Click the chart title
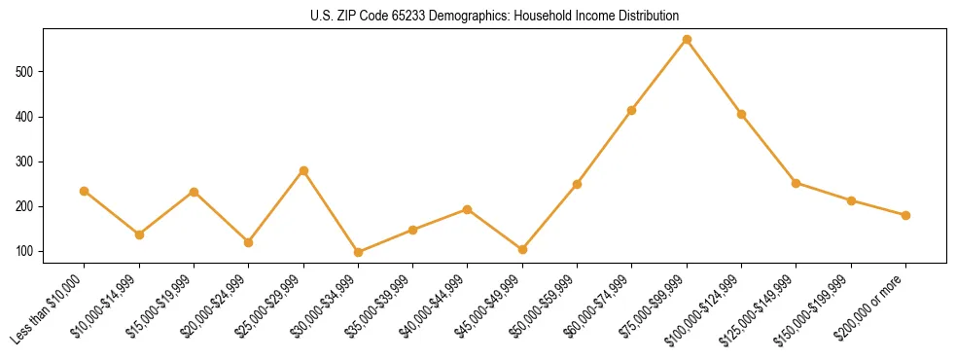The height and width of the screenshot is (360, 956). tap(495, 17)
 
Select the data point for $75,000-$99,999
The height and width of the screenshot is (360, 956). tap(687, 40)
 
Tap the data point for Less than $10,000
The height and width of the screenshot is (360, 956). tap(85, 191)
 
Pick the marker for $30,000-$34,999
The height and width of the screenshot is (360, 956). tap(358, 252)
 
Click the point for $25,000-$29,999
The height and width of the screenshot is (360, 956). tap(303, 170)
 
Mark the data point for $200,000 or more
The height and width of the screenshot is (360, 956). tap(905, 215)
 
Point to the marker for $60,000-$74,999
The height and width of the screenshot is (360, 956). tap(632, 110)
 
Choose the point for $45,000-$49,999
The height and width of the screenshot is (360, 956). tap(522, 250)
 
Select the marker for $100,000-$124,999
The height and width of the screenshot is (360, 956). tap(741, 114)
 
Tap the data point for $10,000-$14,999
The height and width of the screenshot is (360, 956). tap(139, 234)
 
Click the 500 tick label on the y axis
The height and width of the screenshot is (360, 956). tap(26, 72)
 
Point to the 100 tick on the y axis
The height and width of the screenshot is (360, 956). tap(26, 252)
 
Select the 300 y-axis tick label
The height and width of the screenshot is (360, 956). tap(26, 162)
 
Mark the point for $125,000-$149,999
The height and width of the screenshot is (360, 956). tap(796, 183)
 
